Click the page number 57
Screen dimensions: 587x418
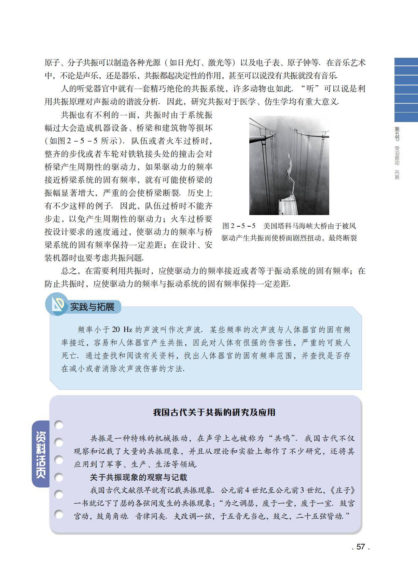pyautogui.click(x=361, y=547)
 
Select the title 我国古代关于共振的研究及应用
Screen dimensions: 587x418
pyautogui.click(x=214, y=412)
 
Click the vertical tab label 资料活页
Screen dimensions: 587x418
pyautogui.click(x=41, y=454)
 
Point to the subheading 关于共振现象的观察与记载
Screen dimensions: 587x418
pyautogui.click(x=138, y=477)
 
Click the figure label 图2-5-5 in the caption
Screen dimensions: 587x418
pyautogui.click(x=239, y=226)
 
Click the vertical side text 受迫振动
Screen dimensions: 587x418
pyautogui.click(x=397, y=156)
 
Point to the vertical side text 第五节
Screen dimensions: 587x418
pyautogui.click(x=397, y=134)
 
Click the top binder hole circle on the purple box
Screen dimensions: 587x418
pyautogui.click(x=59, y=425)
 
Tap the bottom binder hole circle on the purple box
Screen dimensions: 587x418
pyautogui.click(x=59, y=514)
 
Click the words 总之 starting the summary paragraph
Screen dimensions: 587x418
pyautogui.click(x=69, y=271)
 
